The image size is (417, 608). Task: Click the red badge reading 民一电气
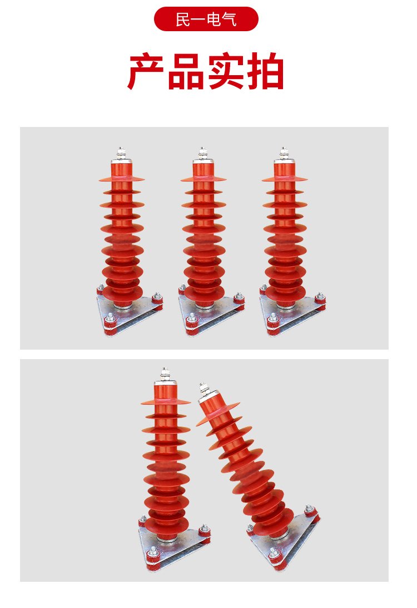click(x=206, y=19)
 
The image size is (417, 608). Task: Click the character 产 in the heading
click(x=146, y=72)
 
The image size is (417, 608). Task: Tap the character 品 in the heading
click(x=186, y=72)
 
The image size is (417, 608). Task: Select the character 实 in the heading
click(x=226, y=72)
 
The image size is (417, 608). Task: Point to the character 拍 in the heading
click(x=266, y=72)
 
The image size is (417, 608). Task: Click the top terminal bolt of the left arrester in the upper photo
click(x=121, y=153)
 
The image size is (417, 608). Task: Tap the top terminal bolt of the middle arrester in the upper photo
click(x=202, y=153)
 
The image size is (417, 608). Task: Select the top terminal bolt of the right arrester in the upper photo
click(x=284, y=153)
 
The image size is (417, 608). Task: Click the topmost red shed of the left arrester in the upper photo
click(x=122, y=179)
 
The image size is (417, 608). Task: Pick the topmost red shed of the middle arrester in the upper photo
click(x=203, y=179)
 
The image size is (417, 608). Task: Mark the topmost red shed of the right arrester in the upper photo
click(x=285, y=179)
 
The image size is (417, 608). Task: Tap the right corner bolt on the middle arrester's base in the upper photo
click(x=239, y=298)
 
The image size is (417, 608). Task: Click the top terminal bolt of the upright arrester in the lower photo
click(x=165, y=374)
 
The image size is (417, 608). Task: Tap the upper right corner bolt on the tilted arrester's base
click(x=309, y=509)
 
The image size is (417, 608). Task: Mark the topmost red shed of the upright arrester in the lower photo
click(x=166, y=401)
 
